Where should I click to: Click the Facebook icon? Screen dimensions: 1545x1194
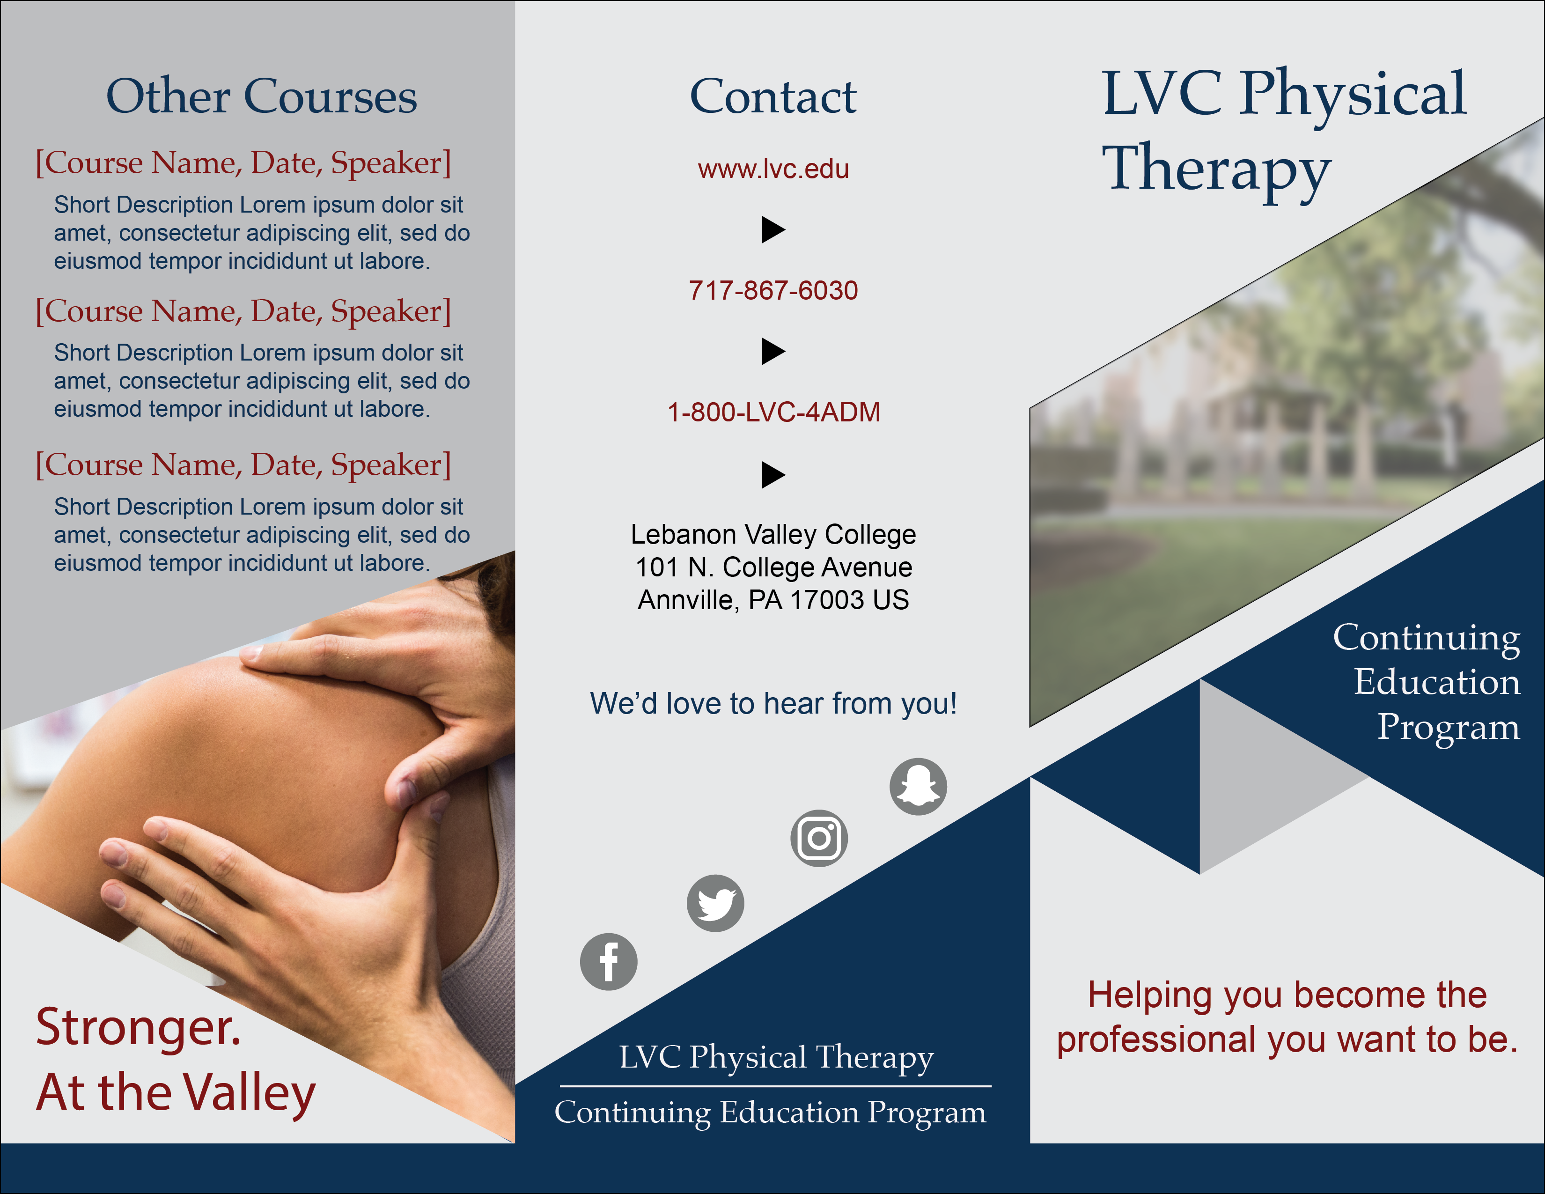(x=608, y=962)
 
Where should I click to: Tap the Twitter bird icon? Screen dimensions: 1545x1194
(x=715, y=903)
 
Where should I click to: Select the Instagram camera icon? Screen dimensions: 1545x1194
(x=819, y=838)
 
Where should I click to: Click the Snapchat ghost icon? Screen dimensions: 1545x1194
(x=918, y=787)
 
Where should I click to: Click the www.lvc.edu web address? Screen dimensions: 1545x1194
(x=773, y=169)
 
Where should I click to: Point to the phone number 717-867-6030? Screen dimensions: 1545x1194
(x=773, y=290)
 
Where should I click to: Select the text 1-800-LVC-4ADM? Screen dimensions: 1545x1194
(x=774, y=412)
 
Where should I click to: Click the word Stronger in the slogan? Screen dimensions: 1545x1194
(x=139, y=1027)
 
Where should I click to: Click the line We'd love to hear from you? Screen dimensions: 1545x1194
(x=773, y=704)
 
